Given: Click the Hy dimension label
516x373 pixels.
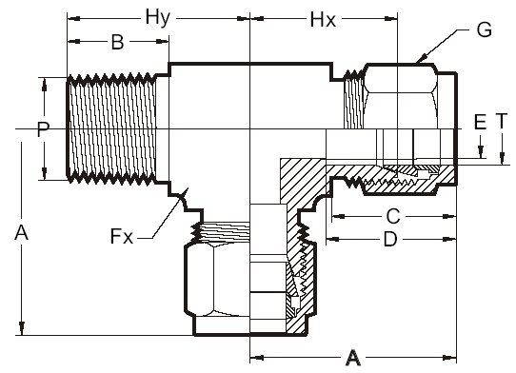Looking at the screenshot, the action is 158,18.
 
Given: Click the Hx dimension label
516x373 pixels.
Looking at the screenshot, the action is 323,20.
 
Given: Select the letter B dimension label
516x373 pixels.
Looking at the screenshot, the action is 117,42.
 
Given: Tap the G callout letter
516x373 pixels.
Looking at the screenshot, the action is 484,29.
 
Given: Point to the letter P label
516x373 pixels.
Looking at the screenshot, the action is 43,129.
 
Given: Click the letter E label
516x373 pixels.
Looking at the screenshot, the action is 481,122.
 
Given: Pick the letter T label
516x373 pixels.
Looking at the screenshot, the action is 501,121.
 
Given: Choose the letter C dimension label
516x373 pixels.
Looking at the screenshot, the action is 393,216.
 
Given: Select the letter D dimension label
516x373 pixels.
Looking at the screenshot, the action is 390,239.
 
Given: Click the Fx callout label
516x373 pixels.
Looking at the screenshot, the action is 122,236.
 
